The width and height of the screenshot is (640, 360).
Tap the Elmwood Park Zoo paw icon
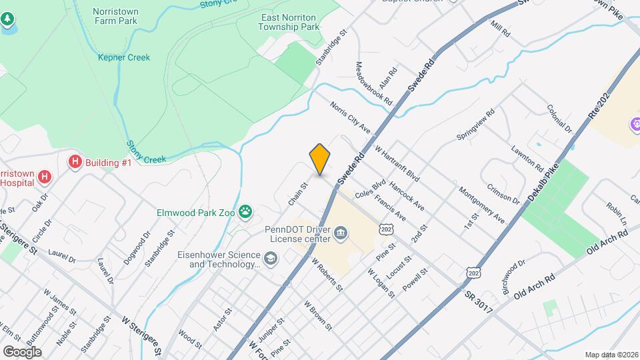[x=247, y=212]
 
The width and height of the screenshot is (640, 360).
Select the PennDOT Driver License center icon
[x=341, y=233]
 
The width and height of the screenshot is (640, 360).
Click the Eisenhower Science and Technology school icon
[x=270, y=259]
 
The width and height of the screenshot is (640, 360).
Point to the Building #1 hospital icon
[x=75, y=162]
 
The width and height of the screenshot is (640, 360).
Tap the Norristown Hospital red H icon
[x=44, y=177]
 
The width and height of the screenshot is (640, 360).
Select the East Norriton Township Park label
[x=287, y=22]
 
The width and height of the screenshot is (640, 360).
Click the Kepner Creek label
[x=124, y=57]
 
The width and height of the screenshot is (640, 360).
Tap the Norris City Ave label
[x=350, y=117]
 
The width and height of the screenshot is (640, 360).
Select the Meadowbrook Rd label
[x=373, y=83]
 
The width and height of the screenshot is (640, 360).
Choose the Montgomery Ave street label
[x=481, y=205]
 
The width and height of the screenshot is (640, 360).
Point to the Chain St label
[x=297, y=194]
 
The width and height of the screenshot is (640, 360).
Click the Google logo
[x=22, y=351]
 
